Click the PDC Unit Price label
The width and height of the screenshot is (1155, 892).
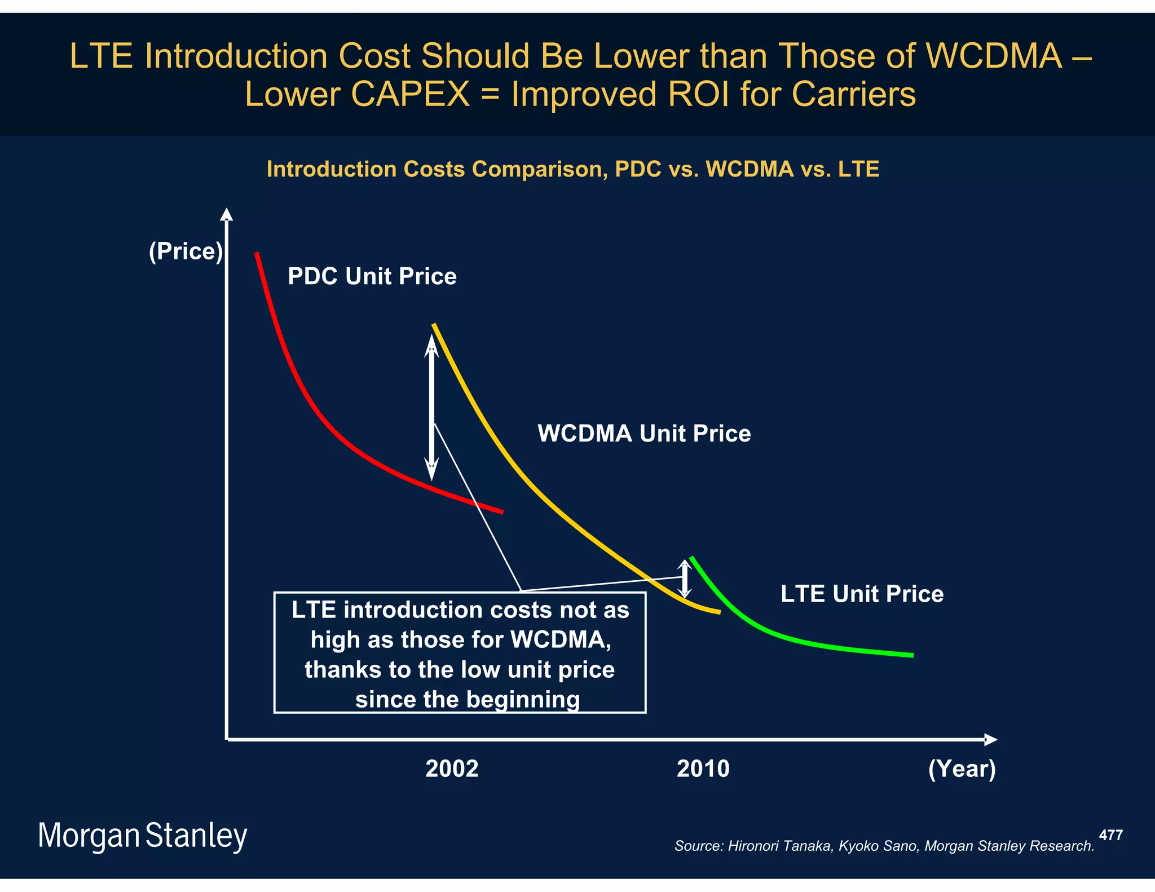(372, 276)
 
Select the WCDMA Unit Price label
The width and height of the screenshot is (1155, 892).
(643, 434)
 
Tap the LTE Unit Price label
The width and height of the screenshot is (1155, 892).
(861, 594)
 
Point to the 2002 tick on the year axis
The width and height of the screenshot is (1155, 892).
(451, 769)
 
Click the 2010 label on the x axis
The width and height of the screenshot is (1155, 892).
(703, 769)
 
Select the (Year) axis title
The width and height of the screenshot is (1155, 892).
(962, 769)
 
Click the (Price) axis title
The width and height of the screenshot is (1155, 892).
(186, 251)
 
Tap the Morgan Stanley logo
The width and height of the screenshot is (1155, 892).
(142, 836)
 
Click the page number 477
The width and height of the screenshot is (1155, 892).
(1110, 835)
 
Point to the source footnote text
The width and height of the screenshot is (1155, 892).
(884, 846)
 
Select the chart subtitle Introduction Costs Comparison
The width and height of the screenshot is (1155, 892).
(572, 169)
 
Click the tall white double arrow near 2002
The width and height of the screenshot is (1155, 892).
(431, 407)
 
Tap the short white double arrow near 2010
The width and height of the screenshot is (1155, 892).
(684, 579)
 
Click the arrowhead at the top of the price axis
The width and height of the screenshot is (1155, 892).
(226, 214)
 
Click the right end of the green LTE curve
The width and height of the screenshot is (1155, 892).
(911, 655)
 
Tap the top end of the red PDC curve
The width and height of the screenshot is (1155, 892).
(257, 255)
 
